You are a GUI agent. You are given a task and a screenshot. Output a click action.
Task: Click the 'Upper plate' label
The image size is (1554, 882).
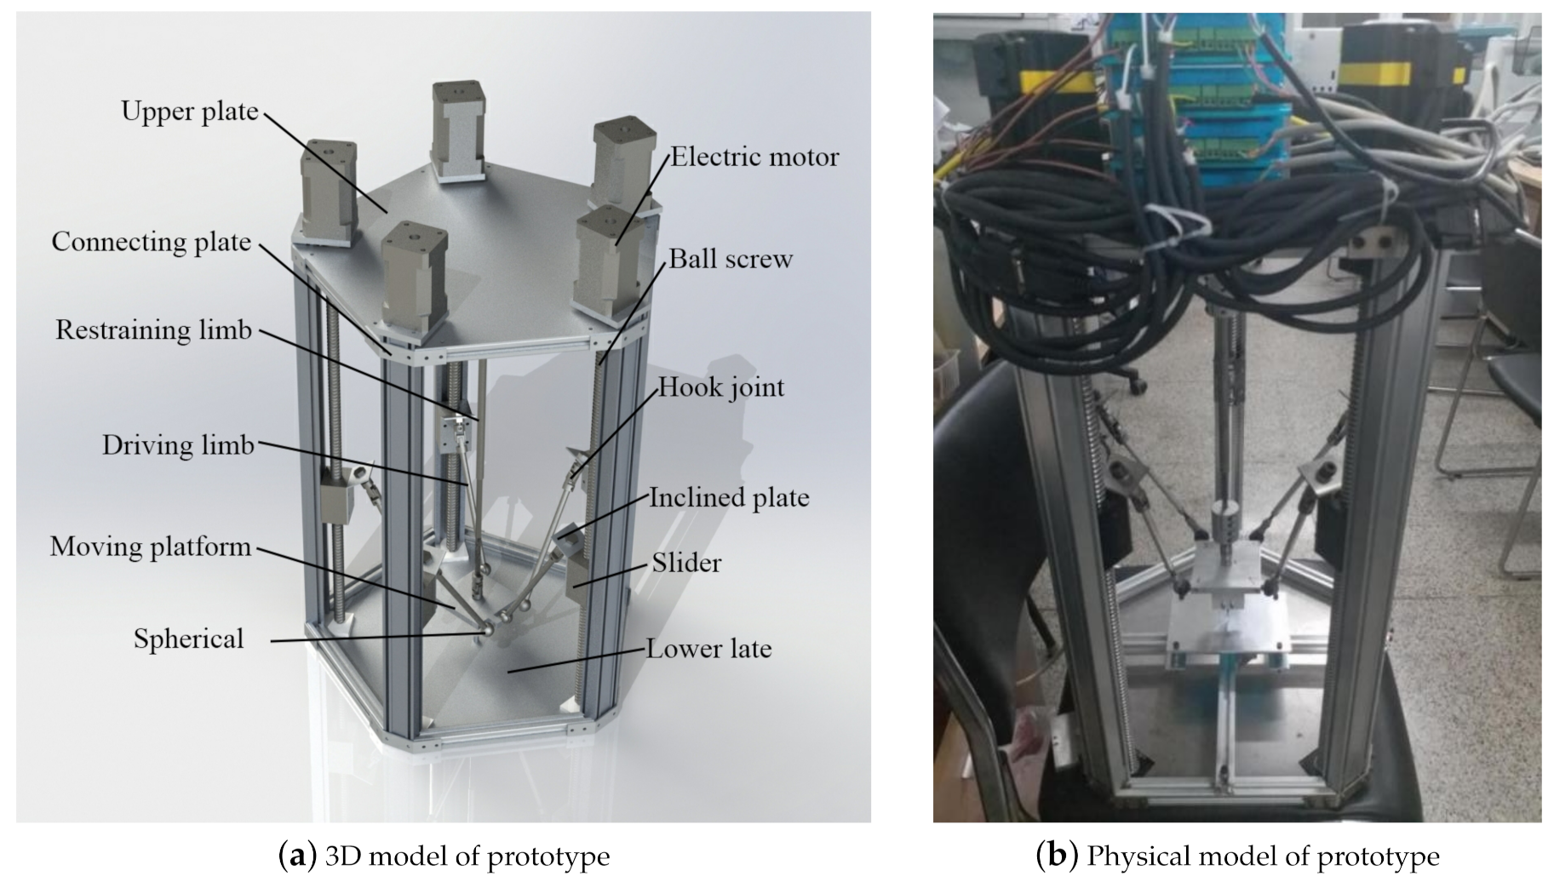(189, 112)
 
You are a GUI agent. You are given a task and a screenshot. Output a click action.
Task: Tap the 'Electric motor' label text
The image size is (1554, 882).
(754, 157)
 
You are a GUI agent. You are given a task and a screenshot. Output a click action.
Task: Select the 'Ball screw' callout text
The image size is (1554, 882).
(730, 259)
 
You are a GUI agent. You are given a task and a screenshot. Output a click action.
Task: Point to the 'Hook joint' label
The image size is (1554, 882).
(721, 388)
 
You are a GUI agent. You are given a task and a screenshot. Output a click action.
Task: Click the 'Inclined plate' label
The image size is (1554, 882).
(729, 498)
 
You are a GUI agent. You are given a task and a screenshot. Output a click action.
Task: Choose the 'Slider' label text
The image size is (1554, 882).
(686, 563)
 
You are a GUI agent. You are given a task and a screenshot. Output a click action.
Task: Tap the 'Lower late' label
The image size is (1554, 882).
(708, 649)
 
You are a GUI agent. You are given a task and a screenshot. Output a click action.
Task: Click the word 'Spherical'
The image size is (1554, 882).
(188, 639)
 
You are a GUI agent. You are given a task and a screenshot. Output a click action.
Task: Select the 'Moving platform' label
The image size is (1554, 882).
(151, 547)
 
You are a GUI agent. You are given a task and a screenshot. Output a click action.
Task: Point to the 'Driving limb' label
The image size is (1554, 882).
(178, 445)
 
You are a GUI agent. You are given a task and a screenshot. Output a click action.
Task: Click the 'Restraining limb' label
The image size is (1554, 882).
(153, 330)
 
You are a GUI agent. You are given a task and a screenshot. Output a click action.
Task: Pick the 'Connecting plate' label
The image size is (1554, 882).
(151, 242)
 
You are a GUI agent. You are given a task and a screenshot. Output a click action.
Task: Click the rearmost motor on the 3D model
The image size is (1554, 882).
(458, 128)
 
